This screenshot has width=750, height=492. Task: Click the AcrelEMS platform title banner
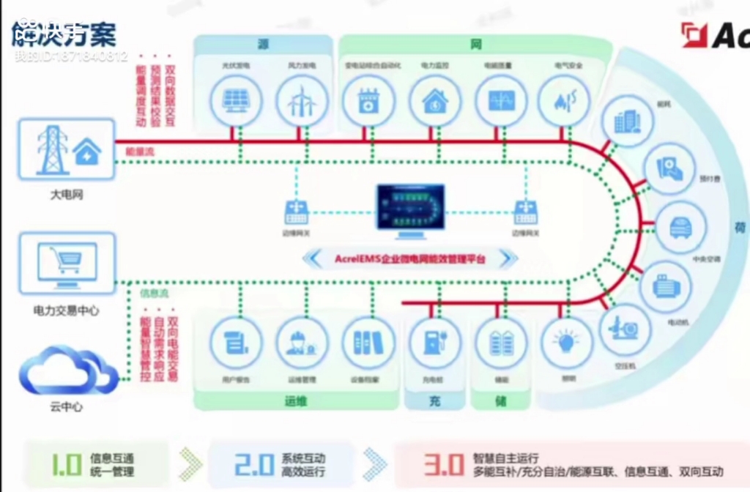(x=410, y=259)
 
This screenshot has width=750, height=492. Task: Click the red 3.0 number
(x=444, y=464)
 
